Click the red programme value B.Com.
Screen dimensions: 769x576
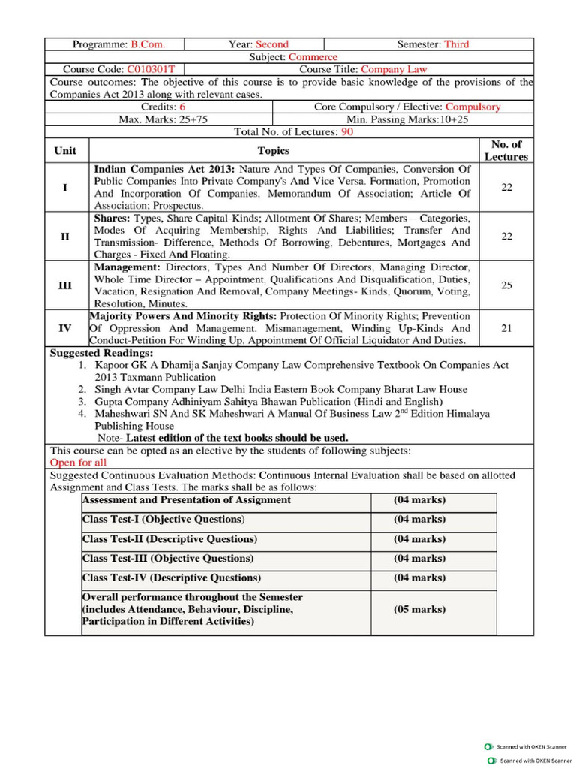coord(148,44)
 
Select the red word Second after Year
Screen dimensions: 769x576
coord(271,44)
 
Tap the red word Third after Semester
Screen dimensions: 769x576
coord(456,44)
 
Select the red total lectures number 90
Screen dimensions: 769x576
coord(347,131)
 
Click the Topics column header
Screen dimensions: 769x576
coord(273,151)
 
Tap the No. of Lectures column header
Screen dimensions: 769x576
coord(505,150)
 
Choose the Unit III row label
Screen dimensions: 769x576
coord(65,285)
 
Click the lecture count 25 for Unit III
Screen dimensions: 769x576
coord(506,285)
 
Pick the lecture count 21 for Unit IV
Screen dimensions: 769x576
coord(506,328)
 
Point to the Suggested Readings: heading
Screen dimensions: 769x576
coord(101,353)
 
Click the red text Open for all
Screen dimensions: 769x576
coord(78,463)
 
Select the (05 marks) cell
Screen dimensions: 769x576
coord(419,610)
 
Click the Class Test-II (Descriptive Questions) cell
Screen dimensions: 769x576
coord(169,539)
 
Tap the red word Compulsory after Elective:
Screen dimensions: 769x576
coord(469,107)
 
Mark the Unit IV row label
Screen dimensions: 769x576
coord(65,328)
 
